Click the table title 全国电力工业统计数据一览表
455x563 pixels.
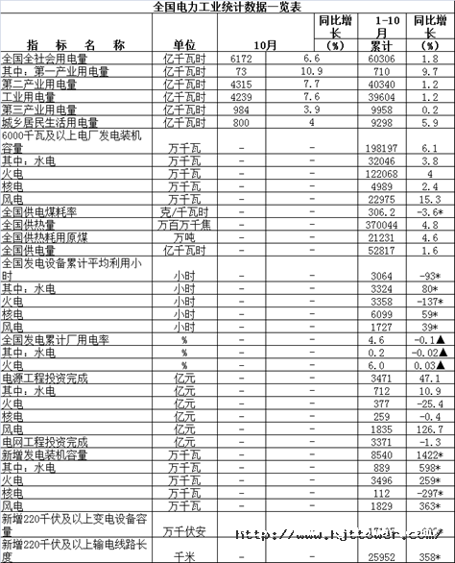click(227, 7)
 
